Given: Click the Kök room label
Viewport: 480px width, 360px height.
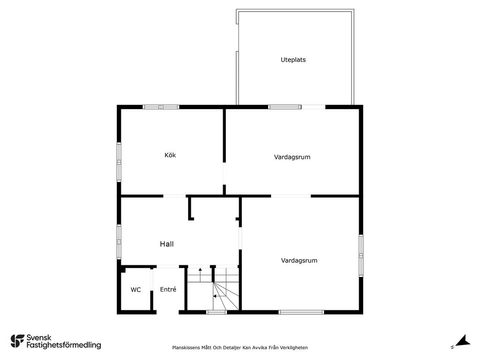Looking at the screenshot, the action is (x=170, y=155).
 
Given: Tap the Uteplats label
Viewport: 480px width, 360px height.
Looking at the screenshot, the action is (x=293, y=60).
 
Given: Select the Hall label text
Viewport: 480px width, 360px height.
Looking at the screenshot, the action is (x=167, y=244).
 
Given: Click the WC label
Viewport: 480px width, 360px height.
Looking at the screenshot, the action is (x=135, y=290).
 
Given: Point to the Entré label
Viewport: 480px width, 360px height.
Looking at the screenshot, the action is (x=168, y=289).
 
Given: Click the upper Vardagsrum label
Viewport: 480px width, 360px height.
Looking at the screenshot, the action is (x=292, y=157).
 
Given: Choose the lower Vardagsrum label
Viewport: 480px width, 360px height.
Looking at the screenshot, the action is (x=299, y=261).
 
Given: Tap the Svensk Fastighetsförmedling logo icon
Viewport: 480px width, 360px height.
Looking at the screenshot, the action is (x=17, y=341).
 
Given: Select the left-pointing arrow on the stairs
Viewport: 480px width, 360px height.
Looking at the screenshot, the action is (x=219, y=296).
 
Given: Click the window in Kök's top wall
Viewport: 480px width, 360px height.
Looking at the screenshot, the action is (x=161, y=107).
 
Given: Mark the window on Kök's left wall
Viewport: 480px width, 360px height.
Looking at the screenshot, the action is (x=119, y=162).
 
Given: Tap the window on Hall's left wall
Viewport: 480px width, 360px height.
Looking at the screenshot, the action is (x=119, y=242).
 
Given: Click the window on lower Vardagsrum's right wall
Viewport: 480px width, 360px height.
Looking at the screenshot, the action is (x=361, y=255).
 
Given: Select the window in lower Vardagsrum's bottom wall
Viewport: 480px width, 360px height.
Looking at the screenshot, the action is (x=301, y=312).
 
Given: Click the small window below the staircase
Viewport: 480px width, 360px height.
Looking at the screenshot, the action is (x=217, y=312).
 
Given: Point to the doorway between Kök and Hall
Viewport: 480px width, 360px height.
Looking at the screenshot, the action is (x=174, y=196).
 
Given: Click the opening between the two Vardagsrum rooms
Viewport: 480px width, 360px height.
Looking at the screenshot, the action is (x=291, y=196).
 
